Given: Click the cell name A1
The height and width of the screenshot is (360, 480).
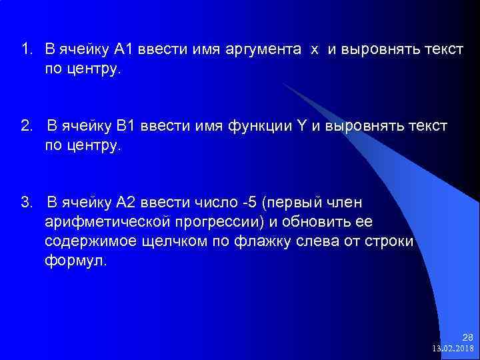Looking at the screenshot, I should (125, 49).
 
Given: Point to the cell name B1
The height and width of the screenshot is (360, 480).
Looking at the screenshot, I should (126, 127).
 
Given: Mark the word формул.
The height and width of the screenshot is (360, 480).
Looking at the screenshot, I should (75, 261).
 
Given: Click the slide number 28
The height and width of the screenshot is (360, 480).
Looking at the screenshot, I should (467, 337).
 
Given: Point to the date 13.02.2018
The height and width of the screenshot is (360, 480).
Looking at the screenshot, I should (453, 349).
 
